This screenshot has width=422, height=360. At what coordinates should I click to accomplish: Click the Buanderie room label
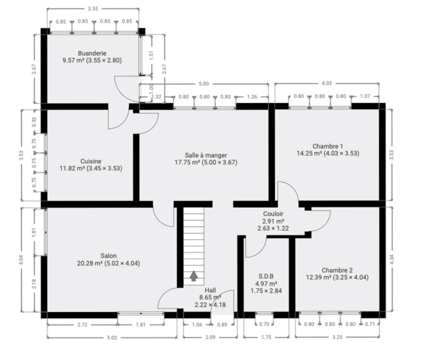tap(92, 53)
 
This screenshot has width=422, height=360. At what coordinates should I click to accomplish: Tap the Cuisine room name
tap(91, 161)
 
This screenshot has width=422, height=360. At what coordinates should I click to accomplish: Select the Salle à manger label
tap(206, 155)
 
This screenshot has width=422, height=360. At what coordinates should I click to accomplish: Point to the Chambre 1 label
tap(328, 146)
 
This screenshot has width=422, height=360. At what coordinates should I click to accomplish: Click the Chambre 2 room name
tap(337, 270)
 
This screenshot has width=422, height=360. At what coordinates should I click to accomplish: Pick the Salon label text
tap(108, 256)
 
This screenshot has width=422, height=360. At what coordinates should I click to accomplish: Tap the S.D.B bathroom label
tap(266, 276)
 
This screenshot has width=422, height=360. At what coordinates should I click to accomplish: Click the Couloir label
tap(273, 214)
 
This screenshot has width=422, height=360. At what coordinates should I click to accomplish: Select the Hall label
tap(210, 290)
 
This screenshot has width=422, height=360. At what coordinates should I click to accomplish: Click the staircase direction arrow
tap(194, 276)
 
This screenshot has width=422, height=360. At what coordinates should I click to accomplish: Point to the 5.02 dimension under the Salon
tap(112, 337)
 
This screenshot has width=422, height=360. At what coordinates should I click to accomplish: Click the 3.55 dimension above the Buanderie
tap(93, 9)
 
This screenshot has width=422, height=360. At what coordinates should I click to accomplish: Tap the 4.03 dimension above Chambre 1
tap(327, 83)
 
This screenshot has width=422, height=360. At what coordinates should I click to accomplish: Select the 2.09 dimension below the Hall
tap(210, 337)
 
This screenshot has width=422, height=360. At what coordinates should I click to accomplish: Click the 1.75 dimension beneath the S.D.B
tap(266, 337)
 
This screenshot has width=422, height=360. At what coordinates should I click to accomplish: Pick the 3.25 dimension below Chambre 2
tap(337, 337)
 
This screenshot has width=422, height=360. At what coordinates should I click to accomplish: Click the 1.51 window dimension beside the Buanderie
tap(152, 55)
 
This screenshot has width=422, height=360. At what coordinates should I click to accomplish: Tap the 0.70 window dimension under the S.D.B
tap(264, 324)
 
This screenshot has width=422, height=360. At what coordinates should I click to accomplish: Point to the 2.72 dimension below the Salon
tap(82, 325)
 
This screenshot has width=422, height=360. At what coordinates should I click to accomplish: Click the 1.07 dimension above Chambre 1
tap(365, 96)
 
